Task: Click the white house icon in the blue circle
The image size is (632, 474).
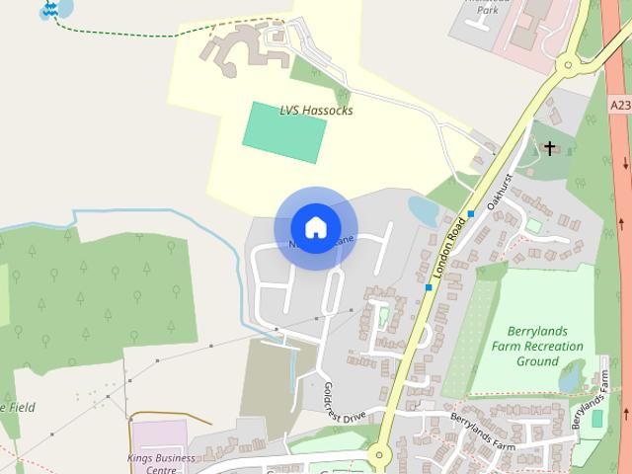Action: [315, 227]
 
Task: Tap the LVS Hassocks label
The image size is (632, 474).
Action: [317, 111]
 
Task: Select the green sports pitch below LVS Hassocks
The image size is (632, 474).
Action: [284, 131]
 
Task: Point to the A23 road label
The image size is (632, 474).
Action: [620, 104]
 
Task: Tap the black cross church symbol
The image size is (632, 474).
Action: [550, 148]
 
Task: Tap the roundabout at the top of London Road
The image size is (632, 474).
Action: [566, 66]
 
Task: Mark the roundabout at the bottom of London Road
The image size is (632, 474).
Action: [378, 455]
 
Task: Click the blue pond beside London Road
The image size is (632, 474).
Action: [424, 210]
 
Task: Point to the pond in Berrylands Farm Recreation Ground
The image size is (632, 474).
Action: [571, 375]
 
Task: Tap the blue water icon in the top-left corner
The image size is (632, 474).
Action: [48, 10]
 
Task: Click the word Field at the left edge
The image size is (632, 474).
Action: [20, 406]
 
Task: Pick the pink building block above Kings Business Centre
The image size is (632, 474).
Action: [159, 435]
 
